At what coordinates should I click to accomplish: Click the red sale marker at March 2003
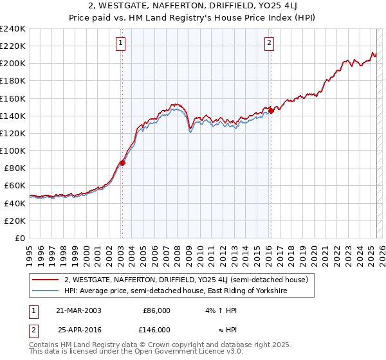[122, 163]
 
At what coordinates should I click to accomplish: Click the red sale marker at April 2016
[271, 111]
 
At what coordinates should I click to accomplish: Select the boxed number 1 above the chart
[121, 43]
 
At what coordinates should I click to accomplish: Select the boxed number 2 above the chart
[269, 43]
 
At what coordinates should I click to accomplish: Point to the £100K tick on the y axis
[12, 150]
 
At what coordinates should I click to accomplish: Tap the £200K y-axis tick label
[12, 64]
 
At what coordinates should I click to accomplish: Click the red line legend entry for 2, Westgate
[187, 280]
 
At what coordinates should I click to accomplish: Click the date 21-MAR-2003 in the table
[79, 310]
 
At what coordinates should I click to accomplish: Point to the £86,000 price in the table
[156, 310]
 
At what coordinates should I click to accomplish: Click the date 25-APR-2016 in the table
[79, 329]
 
